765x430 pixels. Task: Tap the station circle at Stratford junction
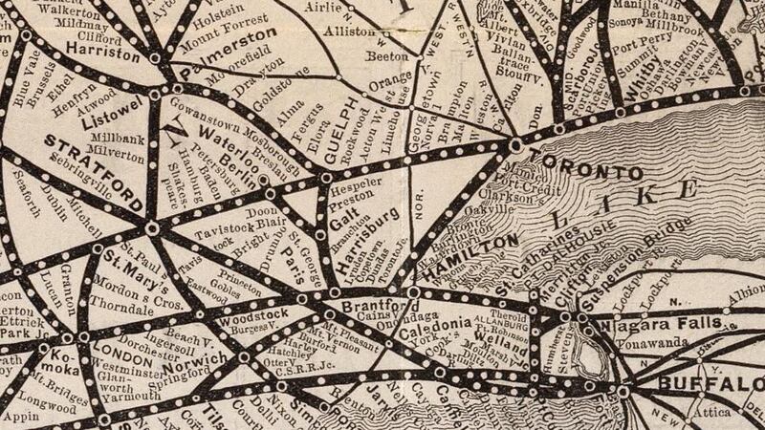click(152, 227)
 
